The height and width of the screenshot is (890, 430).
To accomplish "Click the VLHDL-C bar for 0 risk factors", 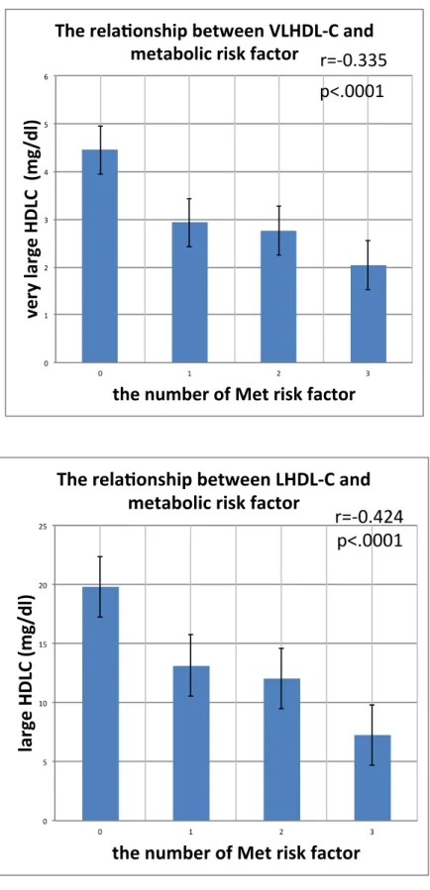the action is (x=100, y=256).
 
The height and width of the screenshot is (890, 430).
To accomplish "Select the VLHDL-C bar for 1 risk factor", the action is (x=189, y=292).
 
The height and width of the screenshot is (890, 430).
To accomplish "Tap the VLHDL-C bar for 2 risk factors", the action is (x=278, y=296).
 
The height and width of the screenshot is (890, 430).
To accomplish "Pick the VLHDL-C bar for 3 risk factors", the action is (x=369, y=314).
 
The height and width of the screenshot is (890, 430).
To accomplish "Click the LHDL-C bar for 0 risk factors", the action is (x=100, y=704).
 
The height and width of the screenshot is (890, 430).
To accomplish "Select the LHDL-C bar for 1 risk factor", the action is (x=191, y=743).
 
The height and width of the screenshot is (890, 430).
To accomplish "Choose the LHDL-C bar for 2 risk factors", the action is (x=281, y=749).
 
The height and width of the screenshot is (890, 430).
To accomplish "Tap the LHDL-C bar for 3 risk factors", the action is (x=373, y=777).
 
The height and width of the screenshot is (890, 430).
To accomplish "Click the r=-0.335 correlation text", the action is (x=354, y=60).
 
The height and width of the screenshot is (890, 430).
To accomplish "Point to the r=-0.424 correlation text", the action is (x=370, y=517).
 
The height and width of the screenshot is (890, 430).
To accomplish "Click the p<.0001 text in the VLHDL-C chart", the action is (x=352, y=91).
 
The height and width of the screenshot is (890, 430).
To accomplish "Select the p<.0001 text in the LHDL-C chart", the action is (x=370, y=542).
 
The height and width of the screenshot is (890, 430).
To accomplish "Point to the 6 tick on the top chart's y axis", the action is (x=48, y=76).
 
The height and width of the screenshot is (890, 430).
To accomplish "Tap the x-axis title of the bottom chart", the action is (x=236, y=853).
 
